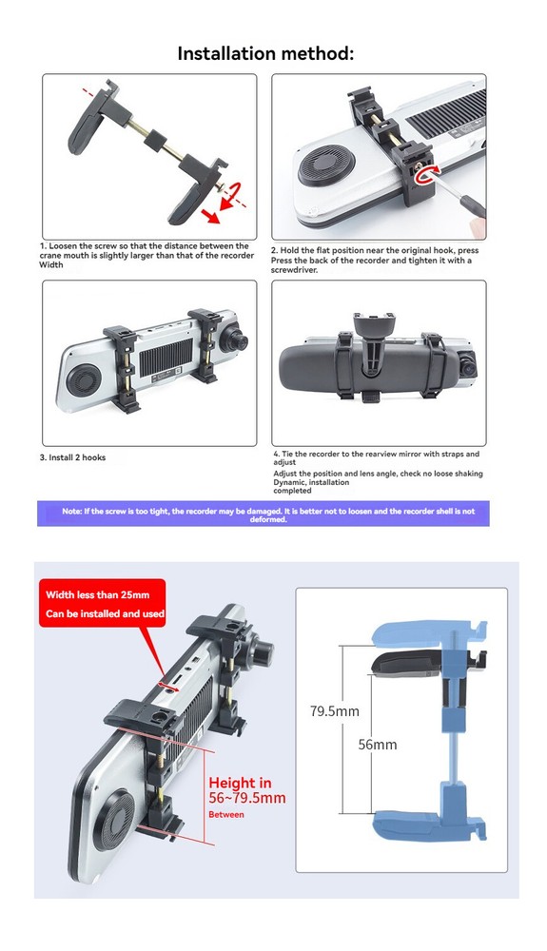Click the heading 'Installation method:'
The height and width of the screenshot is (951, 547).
265,53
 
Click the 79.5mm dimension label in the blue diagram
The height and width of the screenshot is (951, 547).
334,710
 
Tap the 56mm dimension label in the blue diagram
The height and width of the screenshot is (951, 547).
378,745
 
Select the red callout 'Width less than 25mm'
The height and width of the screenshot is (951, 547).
98,594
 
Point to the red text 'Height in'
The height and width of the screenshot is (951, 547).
240,783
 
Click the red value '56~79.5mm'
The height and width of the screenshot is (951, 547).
246,798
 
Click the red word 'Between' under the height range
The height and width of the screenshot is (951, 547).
226,815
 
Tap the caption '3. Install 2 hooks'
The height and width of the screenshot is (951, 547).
72,457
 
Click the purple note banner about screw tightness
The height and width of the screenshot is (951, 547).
264,514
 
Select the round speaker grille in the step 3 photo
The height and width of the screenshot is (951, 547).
85,381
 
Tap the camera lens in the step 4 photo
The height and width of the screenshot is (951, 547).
466,366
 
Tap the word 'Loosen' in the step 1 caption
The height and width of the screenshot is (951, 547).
63,246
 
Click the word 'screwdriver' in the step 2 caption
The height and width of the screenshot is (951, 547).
294,270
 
